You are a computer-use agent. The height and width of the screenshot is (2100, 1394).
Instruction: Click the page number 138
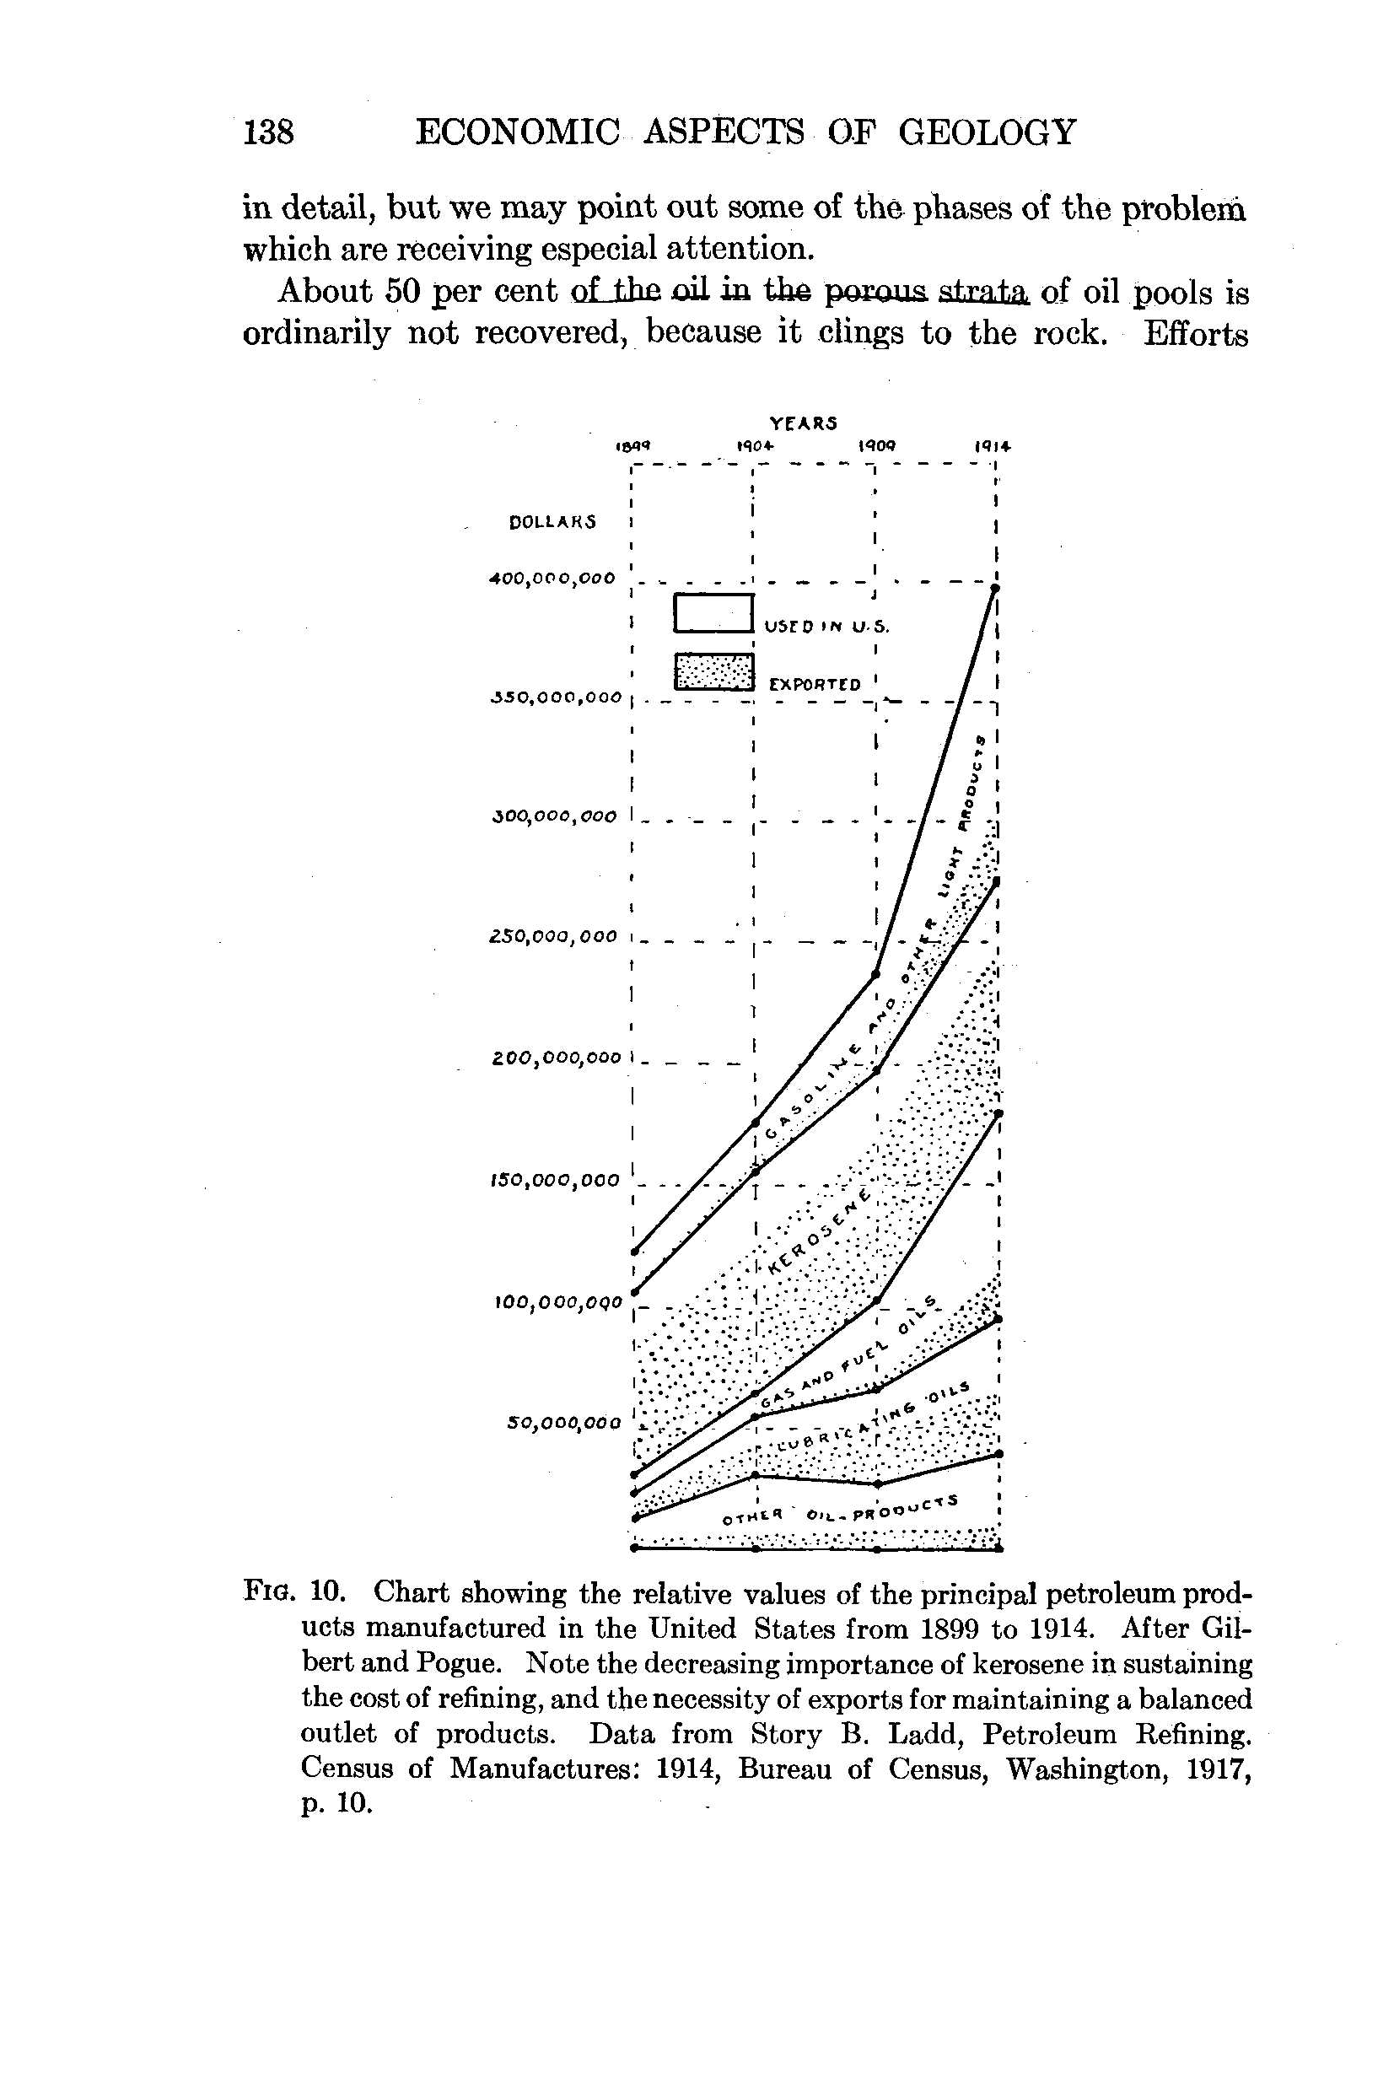(x=268, y=132)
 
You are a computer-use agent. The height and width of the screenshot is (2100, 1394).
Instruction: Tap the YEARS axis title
(x=803, y=423)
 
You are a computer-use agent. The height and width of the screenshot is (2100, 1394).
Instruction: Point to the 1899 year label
(x=634, y=446)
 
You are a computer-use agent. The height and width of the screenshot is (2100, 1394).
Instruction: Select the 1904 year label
(x=756, y=445)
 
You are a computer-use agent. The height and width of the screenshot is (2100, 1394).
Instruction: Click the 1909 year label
(x=875, y=445)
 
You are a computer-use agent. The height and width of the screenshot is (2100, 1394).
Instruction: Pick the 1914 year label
(x=993, y=445)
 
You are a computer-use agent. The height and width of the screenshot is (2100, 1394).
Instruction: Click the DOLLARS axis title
(x=552, y=522)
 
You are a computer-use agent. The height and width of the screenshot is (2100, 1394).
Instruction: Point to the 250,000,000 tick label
(x=553, y=936)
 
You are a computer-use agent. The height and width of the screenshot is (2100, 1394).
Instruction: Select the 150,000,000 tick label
(x=554, y=1180)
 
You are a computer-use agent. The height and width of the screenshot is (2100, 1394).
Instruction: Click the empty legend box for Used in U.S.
(x=713, y=612)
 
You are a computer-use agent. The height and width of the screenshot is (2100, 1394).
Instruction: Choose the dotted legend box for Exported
(x=713, y=671)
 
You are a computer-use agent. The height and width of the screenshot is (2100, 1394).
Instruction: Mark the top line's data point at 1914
(x=996, y=589)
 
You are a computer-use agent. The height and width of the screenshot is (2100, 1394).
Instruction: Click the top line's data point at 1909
(x=875, y=974)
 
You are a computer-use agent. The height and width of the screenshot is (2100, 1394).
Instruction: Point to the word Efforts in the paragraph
(x=1196, y=333)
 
